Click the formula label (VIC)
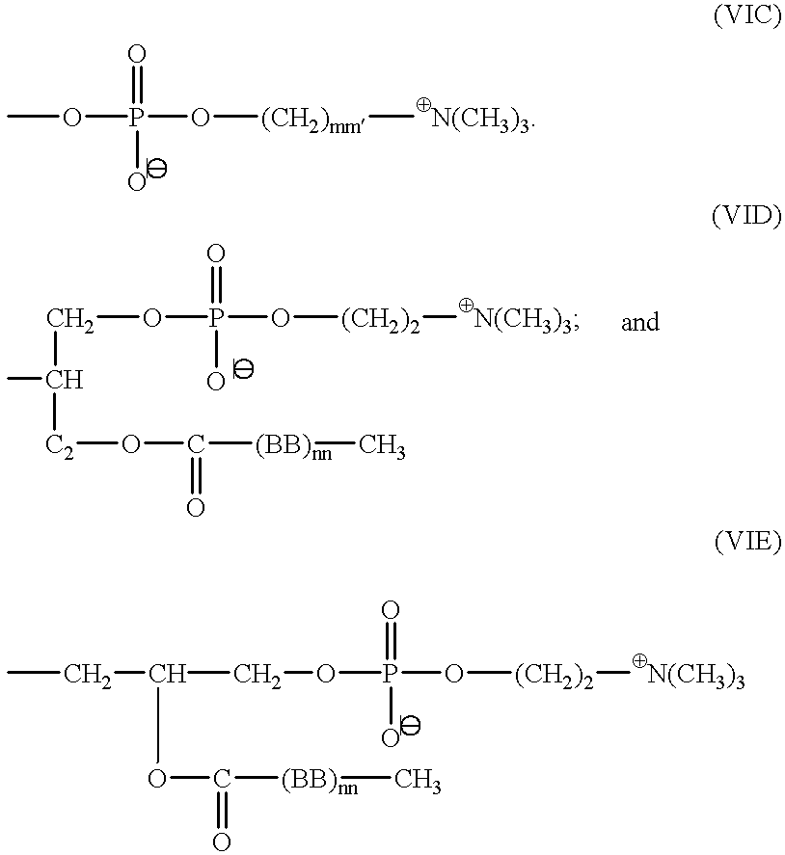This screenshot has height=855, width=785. [746, 15]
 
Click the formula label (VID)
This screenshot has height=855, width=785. [746, 217]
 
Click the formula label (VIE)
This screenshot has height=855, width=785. [748, 542]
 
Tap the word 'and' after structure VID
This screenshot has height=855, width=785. [640, 322]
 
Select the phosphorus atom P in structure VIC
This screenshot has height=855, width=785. [135, 118]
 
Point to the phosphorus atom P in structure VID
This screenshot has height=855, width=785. [215, 318]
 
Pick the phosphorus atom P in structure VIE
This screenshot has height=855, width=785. [389, 674]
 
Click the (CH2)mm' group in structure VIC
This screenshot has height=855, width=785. [312, 120]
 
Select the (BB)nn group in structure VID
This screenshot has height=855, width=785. [293, 447]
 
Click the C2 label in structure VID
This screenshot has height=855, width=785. [60, 446]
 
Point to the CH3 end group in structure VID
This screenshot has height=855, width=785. [382, 447]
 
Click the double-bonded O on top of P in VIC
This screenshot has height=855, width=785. [136, 54]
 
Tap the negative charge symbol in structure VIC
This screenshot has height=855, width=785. [156, 169]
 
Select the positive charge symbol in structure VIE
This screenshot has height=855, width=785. [639, 661]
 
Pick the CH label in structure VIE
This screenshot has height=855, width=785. [167, 674]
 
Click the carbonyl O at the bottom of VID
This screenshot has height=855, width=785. [196, 508]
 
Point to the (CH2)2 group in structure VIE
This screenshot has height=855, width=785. [554, 677]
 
